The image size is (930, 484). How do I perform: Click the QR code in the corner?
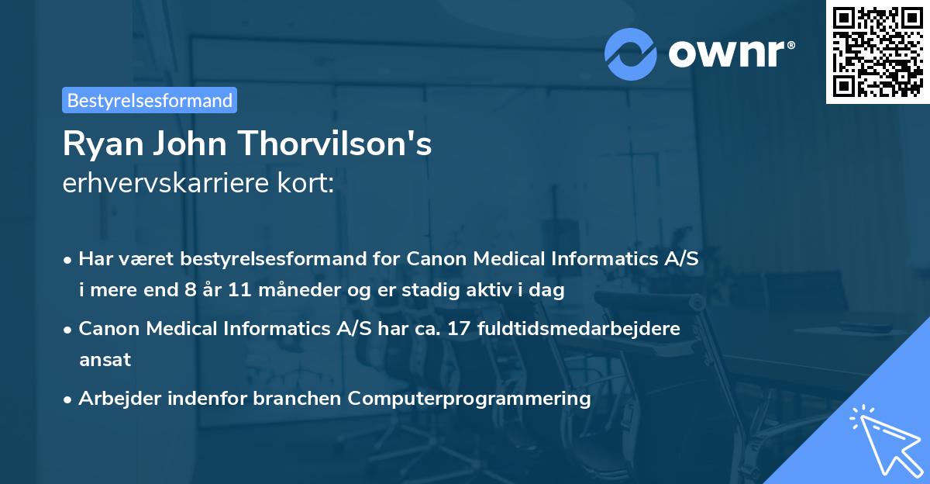tap(877, 52)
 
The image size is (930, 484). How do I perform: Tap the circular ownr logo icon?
tap(631, 54)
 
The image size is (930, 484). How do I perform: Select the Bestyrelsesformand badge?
tap(150, 100)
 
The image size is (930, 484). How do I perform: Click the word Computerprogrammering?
tap(469, 399)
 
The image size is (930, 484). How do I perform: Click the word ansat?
tap(105, 359)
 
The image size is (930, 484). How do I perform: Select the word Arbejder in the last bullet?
tap(117, 399)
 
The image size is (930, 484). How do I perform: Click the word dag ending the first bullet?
tap(549, 291)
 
